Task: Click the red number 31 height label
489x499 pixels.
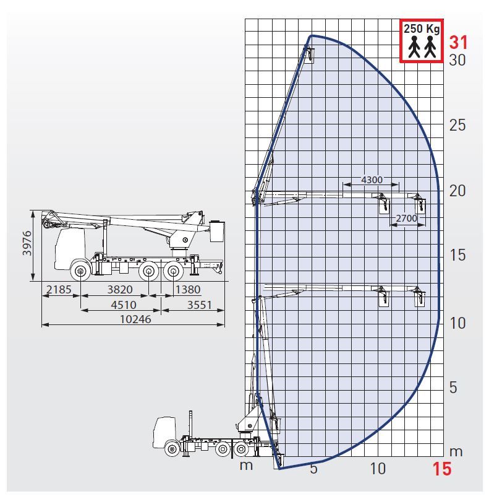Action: [458, 42]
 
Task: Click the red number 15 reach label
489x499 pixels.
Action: [441, 469]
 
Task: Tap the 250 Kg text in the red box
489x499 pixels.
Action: [422, 28]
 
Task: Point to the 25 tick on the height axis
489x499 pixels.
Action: [457, 125]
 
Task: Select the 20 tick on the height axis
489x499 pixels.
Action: [457, 191]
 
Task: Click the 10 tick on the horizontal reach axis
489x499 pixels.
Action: [378, 469]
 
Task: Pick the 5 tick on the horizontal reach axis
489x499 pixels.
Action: [313, 469]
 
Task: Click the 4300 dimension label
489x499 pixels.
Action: [372, 180]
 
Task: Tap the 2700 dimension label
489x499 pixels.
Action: [406, 219]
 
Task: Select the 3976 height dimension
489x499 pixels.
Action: [27, 243]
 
